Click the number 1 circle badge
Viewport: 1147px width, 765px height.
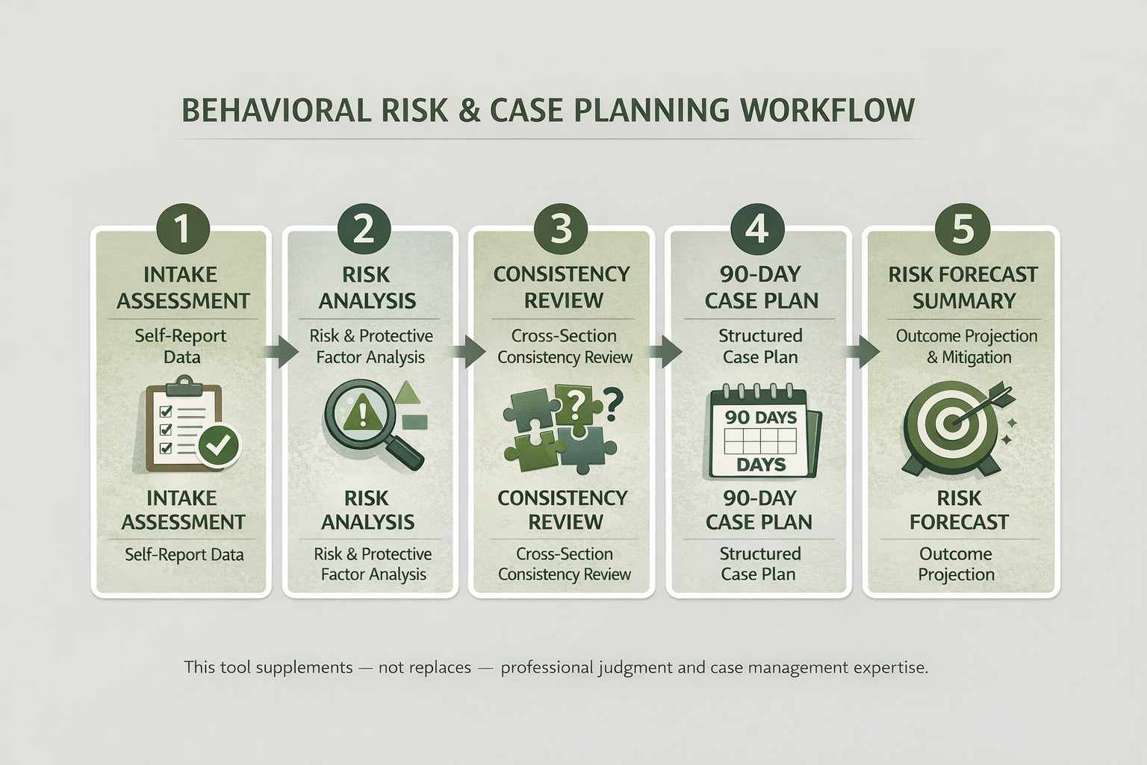[181, 228]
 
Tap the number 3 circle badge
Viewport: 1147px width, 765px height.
[561, 228]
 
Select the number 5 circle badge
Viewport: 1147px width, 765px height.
[962, 228]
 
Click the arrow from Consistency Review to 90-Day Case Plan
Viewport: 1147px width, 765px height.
[663, 351]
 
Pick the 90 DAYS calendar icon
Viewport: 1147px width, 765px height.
[761, 432]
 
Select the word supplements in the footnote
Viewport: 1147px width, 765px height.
[304, 667]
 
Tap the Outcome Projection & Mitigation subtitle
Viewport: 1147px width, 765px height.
[967, 347]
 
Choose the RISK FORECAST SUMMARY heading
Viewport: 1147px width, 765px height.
[963, 288]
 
